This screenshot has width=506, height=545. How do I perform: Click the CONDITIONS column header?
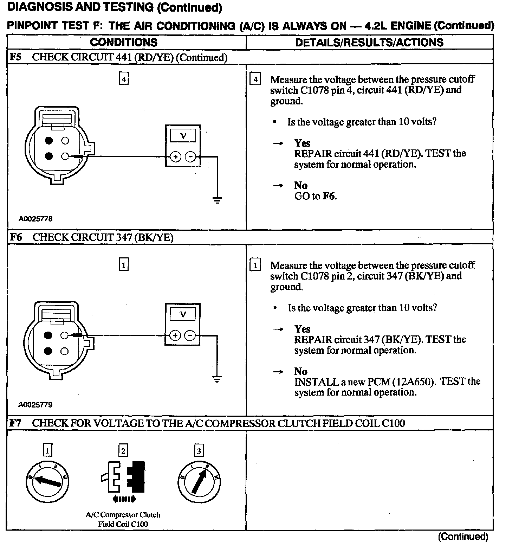[x=124, y=42]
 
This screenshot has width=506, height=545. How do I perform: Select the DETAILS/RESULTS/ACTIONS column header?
[x=369, y=43]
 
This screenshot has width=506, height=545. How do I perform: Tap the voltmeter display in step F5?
[x=183, y=135]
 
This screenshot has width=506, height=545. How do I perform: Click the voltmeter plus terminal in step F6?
[x=175, y=336]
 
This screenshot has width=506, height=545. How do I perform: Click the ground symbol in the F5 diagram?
[x=218, y=200]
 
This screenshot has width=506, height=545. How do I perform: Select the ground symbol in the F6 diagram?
[x=218, y=379]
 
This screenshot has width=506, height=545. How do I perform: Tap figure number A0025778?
[x=35, y=219]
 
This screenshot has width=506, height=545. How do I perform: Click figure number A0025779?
[x=35, y=405]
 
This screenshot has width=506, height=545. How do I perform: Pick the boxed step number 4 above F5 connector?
[x=123, y=79]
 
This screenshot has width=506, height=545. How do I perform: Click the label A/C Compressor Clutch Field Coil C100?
[x=123, y=519]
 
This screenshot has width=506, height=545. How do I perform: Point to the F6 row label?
[x=15, y=237]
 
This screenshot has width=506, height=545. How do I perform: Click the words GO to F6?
[x=315, y=196]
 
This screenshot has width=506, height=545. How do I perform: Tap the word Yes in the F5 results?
[x=302, y=143]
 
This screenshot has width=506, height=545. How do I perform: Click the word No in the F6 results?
[x=301, y=371]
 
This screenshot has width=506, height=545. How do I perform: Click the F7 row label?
[x=15, y=423]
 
